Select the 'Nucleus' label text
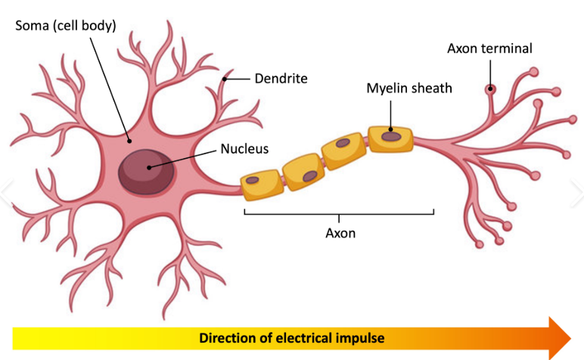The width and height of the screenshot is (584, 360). [x=244, y=148]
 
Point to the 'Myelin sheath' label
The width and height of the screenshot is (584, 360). [x=409, y=88]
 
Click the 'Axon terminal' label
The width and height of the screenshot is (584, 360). [x=489, y=48]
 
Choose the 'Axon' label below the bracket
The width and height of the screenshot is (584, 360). [x=340, y=233]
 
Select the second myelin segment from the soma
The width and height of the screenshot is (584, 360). [x=303, y=170]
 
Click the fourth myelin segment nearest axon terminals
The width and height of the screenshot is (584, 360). [x=391, y=138]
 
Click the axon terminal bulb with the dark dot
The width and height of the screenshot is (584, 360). [x=490, y=89]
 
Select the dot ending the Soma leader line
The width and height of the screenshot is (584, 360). [x=130, y=140]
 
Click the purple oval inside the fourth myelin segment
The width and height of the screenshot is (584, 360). [x=392, y=137]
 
